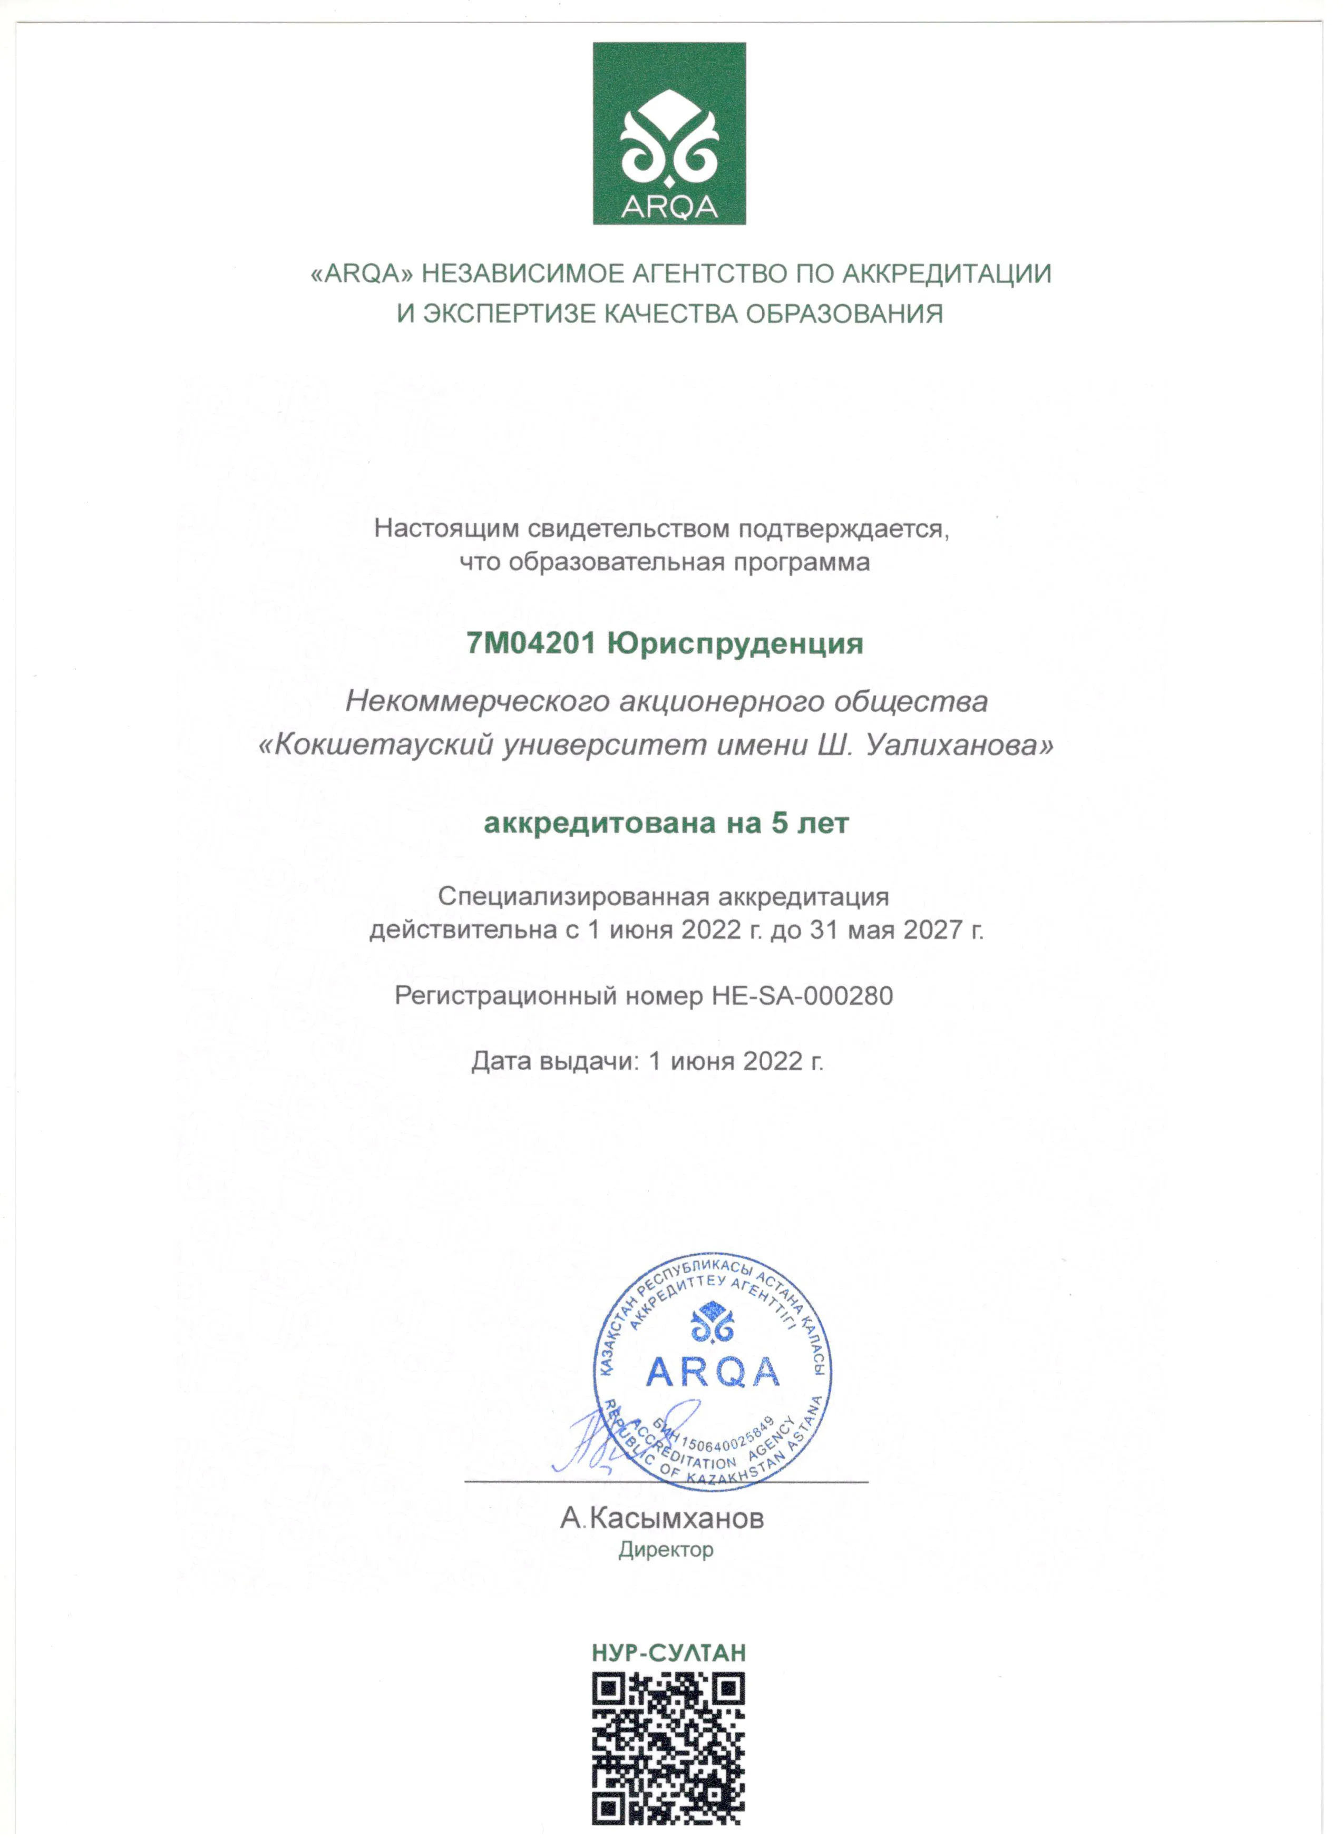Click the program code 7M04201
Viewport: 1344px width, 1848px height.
click(x=531, y=644)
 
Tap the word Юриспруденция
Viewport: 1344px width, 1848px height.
click(x=735, y=644)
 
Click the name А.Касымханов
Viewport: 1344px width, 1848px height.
click(x=662, y=1518)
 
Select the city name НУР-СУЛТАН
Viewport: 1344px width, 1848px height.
click(x=668, y=1653)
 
